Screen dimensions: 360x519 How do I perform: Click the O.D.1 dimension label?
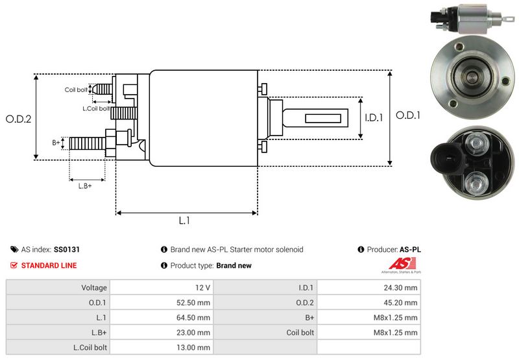[x=409, y=115]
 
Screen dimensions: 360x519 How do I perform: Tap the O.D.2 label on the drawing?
[x=19, y=119]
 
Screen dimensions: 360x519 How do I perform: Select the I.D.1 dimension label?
[x=374, y=118]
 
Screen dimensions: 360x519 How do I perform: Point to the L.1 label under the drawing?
[x=184, y=221]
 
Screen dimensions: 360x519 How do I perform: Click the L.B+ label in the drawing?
[x=85, y=186]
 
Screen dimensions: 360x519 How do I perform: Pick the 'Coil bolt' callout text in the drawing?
[x=76, y=90]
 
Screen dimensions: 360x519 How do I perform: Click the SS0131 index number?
[x=67, y=249]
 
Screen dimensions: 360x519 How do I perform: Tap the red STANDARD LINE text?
[x=49, y=265]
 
